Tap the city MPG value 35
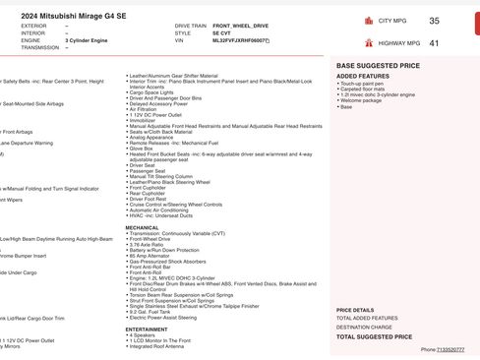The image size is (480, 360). coord(434,20)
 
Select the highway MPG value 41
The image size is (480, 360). coord(434,43)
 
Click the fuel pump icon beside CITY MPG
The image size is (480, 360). coord(369,20)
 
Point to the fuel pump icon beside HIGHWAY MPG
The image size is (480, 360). coord(369,43)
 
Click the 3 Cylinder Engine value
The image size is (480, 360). coord(90,40)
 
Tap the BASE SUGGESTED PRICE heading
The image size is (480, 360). coord(379,65)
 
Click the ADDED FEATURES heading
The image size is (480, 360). coord(362,76)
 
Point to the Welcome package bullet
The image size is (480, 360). coord(363,100)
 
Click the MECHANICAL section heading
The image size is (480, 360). coord(142,226)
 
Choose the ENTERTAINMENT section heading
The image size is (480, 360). coord(147,330)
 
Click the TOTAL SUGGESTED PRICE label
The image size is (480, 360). coord(374,336)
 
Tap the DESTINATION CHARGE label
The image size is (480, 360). coord(365,327)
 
